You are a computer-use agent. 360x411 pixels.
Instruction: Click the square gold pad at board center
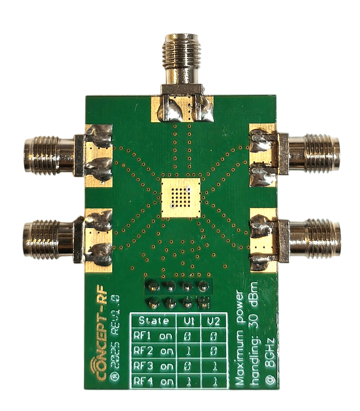[181, 198]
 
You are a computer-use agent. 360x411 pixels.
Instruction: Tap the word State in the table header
[154, 320]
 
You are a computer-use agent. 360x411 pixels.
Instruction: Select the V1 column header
[188, 321]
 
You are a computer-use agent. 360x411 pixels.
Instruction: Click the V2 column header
[213, 321]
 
